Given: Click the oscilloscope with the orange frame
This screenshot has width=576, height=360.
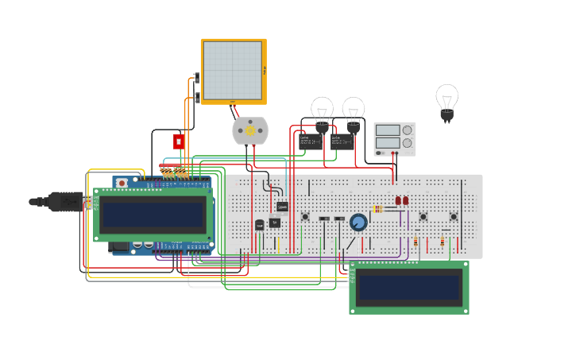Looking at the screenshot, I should [233, 71].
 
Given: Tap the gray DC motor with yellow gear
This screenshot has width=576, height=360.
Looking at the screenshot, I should [249, 131].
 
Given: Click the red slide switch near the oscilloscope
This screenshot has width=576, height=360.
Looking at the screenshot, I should [179, 141].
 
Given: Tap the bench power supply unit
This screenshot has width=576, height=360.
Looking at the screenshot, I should [394, 138].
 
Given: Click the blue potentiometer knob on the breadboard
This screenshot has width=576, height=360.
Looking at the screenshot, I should [358, 223].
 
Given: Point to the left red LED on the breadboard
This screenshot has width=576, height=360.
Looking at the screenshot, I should [399, 201].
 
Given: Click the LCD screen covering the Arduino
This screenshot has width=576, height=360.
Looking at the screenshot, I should [153, 214].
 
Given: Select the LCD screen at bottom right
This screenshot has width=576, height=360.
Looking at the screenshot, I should [409, 287].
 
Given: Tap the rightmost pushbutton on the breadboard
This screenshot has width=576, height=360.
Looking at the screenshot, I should [454, 216].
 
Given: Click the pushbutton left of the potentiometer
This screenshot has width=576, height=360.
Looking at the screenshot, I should [305, 216].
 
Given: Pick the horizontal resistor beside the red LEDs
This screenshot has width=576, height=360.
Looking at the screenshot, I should [377, 209].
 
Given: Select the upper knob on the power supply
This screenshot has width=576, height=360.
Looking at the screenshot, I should [408, 130].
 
